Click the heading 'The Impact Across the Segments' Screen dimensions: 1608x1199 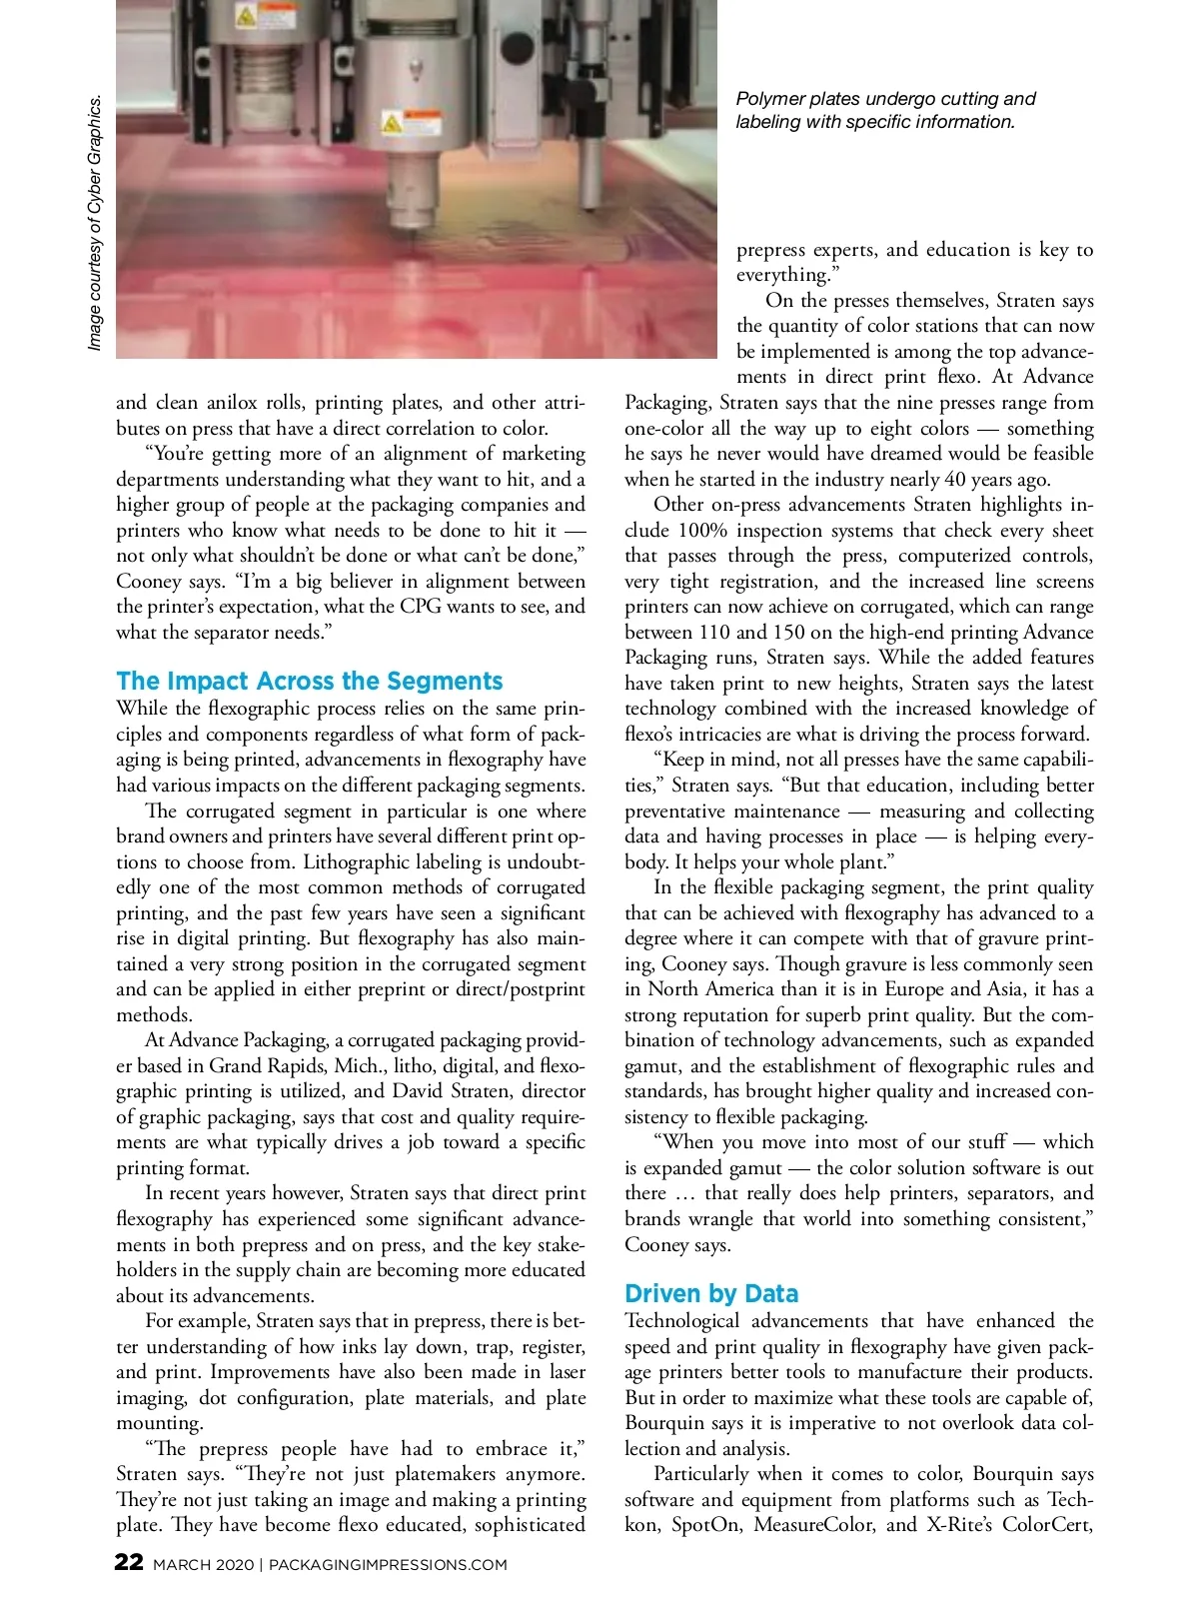coord(309,682)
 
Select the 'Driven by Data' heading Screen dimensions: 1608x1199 coord(710,1294)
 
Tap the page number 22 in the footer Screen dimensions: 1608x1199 coord(129,1562)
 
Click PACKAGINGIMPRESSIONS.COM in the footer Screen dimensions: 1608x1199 coord(388,1565)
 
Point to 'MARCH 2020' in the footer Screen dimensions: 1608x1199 coord(203,1565)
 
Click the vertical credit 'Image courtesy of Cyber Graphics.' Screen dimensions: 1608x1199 coord(95,222)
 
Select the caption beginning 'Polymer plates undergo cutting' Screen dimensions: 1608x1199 coord(885,110)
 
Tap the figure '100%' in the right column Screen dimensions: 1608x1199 coord(702,530)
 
